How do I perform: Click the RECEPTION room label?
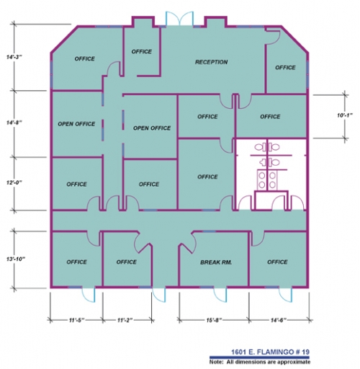pyautogui.click(x=211, y=62)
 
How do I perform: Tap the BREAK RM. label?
pyautogui.click(x=216, y=262)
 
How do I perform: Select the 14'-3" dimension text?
pyautogui.click(x=14, y=57)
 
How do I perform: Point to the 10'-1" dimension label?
pyautogui.click(x=345, y=115)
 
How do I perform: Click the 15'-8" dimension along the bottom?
pyautogui.click(x=214, y=320)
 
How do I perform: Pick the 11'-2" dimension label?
pyautogui.click(x=125, y=320)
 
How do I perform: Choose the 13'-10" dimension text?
pyautogui.click(x=16, y=259)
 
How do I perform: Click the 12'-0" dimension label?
pyautogui.click(x=14, y=182)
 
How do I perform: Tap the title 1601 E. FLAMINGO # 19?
pyautogui.click(x=270, y=352)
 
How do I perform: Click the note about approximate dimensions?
pyautogui.click(x=260, y=362)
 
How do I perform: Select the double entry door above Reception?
pyautogui.click(x=179, y=18)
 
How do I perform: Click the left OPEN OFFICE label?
pyautogui.click(x=76, y=124)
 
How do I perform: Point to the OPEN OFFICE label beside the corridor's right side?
pyautogui.click(x=152, y=128)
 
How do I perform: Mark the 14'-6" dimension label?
pyautogui.click(x=279, y=320)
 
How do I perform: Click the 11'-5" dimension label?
pyautogui.click(x=77, y=320)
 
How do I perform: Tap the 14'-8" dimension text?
pyautogui.click(x=14, y=123)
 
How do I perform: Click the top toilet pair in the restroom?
pyautogui.click(x=267, y=147)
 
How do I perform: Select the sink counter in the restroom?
pyautogui.click(x=267, y=180)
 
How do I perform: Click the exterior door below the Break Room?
pyautogui.click(x=220, y=294)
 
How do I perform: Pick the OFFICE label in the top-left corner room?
pyautogui.click(x=84, y=59)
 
